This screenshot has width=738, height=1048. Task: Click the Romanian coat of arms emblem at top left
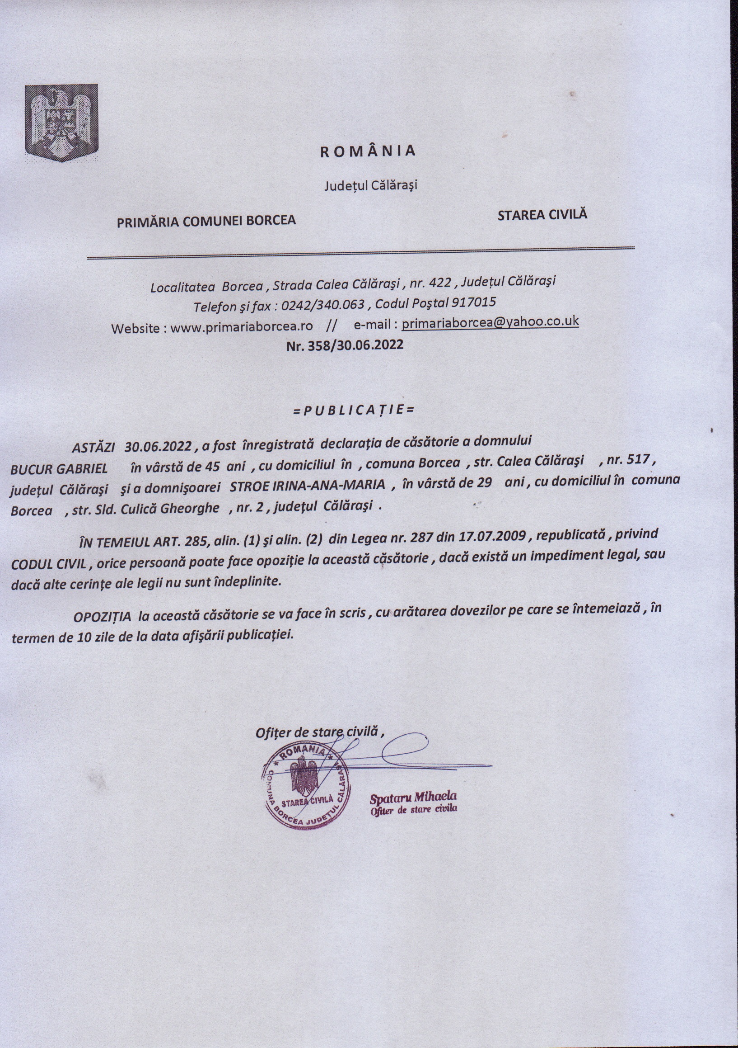(x=61, y=123)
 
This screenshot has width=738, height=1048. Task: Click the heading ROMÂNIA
(x=368, y=151)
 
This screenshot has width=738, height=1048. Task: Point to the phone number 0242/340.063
(x=323, y=304)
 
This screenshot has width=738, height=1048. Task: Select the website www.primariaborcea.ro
(x=241, y=326)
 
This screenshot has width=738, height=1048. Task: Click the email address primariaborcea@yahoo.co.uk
(x=490, y=322)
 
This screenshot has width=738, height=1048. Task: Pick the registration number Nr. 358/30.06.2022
(x=344, y=344)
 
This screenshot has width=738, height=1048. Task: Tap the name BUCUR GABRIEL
(x=59, y=468)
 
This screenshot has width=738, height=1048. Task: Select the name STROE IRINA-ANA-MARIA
(x=308, y=485)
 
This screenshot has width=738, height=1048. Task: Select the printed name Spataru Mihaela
(x=413, y=797)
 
